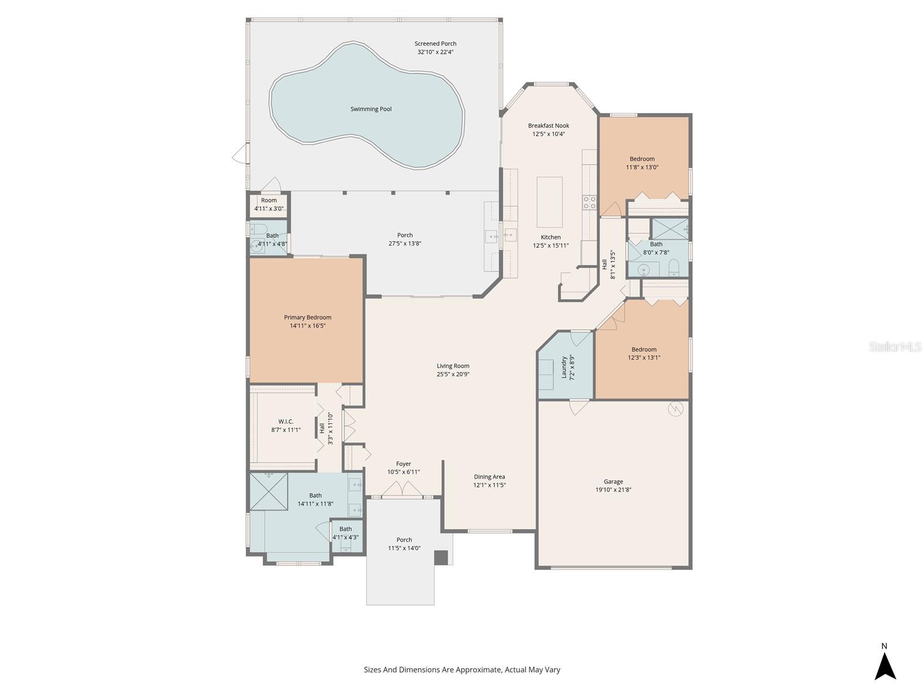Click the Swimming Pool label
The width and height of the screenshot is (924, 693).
[x=371, y=109]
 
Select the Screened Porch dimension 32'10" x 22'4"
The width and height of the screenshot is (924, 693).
[x=435, y=52]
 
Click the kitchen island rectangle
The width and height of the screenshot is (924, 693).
[x=549, y=202]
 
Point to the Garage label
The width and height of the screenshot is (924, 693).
[x=613, y=482]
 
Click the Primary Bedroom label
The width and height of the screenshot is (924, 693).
[x=307, y=318]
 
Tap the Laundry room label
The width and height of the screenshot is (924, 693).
[x=564, y=367]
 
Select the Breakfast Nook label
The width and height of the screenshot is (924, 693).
[x=549, y=126]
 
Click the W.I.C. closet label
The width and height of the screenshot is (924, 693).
[x=286, y=422]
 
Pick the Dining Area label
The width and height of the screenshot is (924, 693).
[x=489, y=477]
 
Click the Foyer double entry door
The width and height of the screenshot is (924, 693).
[x=403, y=489]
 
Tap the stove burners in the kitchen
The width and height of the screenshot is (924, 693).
[x=589, y=202]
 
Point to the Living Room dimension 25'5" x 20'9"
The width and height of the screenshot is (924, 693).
[x=453, y=374]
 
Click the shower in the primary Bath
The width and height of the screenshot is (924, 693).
[x=269, y=491]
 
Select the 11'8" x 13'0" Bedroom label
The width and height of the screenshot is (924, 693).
[x=642, y=159]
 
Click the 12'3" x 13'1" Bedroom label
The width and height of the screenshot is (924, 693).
[x=644, y=350]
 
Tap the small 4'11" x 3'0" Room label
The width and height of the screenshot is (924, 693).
[x=269, y=201]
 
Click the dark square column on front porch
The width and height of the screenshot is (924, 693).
[x=441, y=557]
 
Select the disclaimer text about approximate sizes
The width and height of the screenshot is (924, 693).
[x=462, y=670]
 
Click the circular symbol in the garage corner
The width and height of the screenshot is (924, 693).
[x=675, y=409]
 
